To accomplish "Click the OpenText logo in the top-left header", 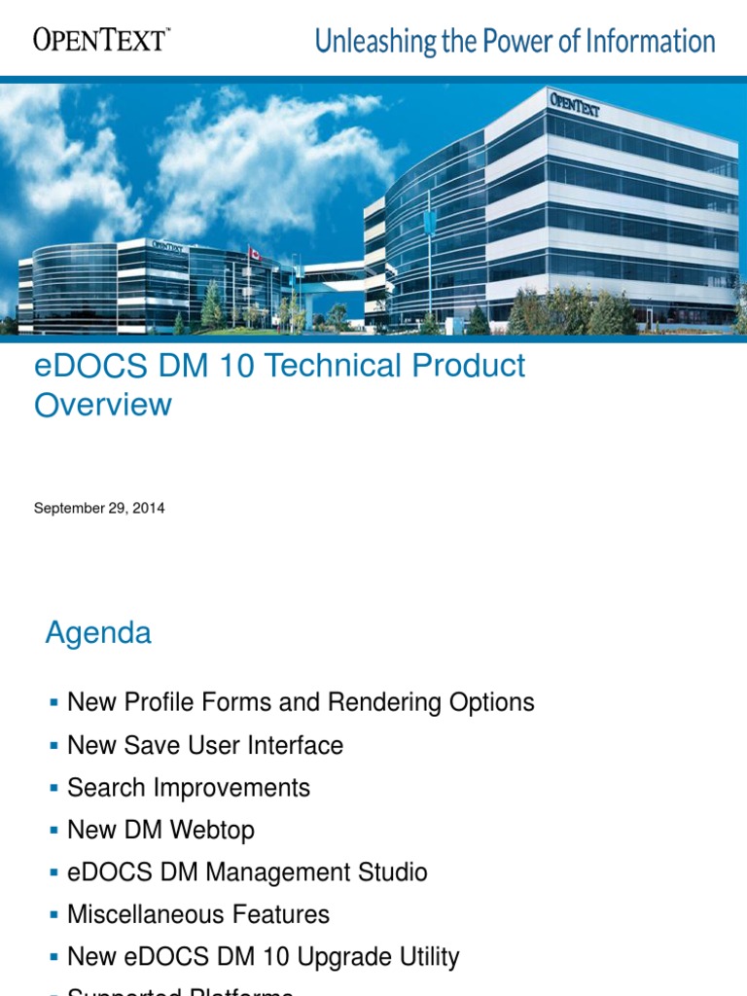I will pos(101,39).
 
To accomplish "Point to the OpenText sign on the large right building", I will pos(575,104).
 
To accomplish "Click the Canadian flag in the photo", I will pos(254,253).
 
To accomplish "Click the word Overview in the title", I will pos(103,405).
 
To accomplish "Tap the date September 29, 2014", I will pos(99,508).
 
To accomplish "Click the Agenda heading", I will pos(98,633).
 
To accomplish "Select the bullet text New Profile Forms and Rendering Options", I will pos(301,702).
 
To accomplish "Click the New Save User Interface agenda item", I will pos(205,745).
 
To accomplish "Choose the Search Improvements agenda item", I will pos(189,788).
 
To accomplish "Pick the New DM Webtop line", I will pos(160,830).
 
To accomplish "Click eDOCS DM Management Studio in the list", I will pos(247,872).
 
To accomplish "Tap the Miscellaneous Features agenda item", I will pos(198,914).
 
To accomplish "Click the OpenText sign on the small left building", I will pos(168,244).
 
